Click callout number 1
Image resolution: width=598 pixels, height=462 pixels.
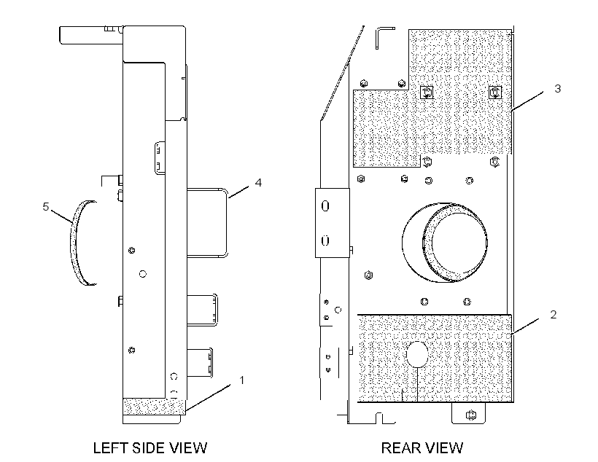click(x=241, y=380)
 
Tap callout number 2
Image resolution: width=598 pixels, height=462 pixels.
click(x=554, y=315)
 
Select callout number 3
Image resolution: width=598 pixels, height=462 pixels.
click(x=558, y=88)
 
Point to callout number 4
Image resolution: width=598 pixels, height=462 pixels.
click(x=258, y=183)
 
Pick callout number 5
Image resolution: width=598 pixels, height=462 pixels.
click(x=46, y=207)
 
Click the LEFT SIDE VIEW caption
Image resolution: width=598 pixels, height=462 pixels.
click(x=150, y=447)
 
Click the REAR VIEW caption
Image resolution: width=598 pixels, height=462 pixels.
click(x=422, y=447)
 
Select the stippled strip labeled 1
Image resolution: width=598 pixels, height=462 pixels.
click(x=154, y=407)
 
